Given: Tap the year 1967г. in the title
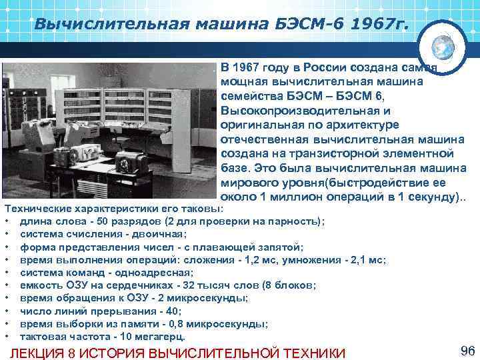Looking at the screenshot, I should pos(379,25).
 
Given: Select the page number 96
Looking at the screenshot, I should pos(466,351).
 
